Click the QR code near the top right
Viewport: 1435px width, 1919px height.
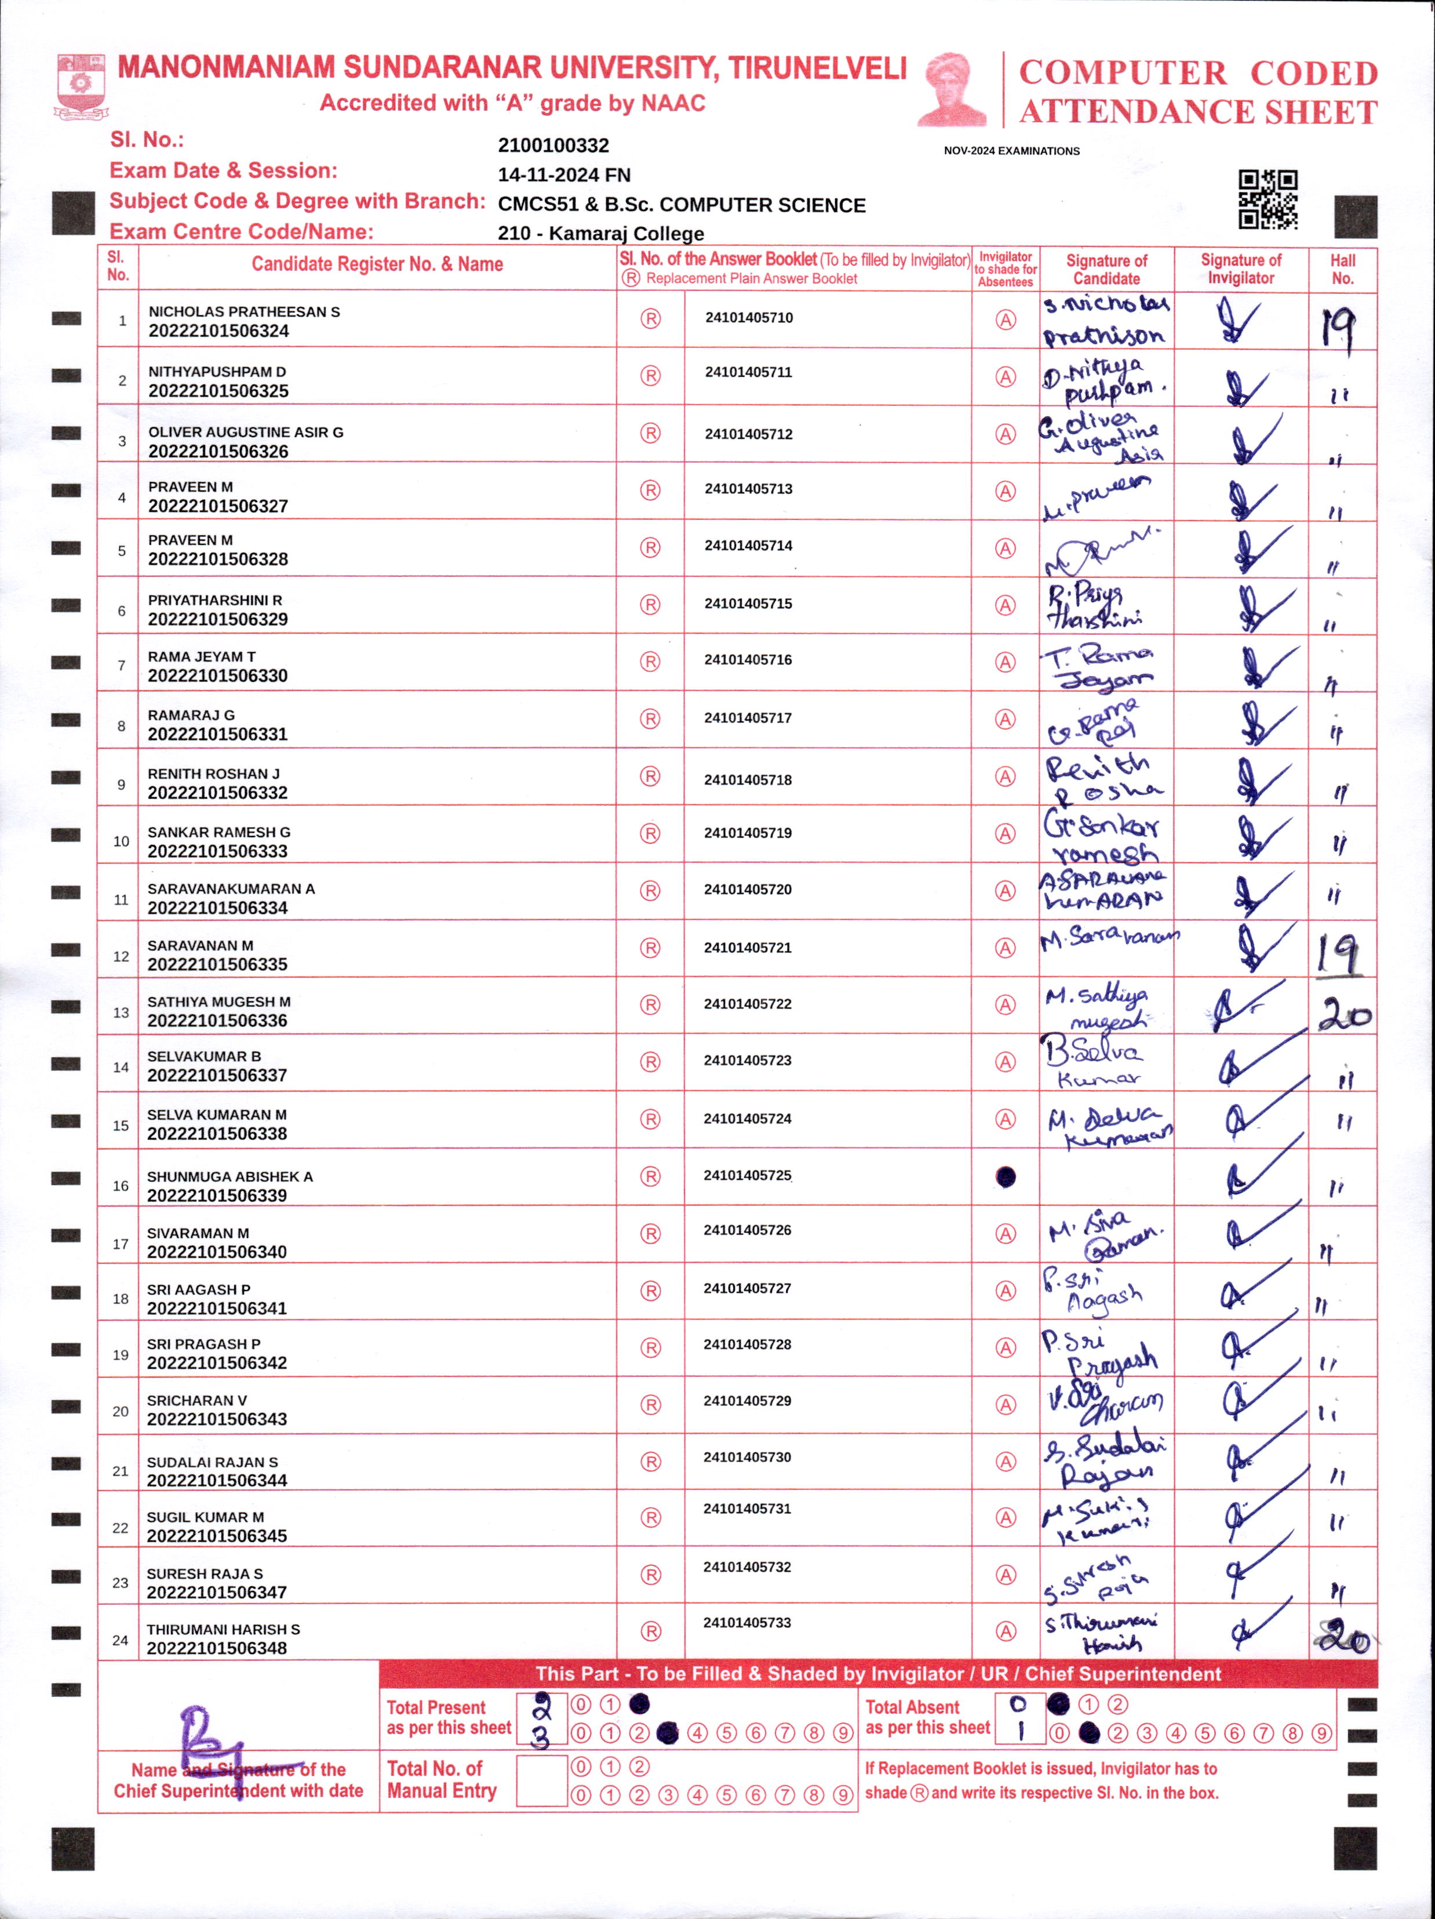(1267, 199)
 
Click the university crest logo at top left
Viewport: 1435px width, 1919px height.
(81, 86)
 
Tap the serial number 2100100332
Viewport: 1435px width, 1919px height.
(553, 146)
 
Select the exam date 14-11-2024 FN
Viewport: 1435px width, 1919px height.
(563, 175)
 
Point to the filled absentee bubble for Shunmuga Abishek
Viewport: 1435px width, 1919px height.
(1005, 1177)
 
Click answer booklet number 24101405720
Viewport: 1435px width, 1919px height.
(748, 889)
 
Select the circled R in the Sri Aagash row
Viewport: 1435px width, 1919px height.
(650, 1292)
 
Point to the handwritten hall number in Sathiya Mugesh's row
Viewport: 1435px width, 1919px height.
(1344, 1013)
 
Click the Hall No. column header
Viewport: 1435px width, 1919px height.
(1342, 269)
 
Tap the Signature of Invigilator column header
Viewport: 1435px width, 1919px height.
(1241, 269)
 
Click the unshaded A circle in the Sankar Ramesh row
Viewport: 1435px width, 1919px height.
(1005, 834)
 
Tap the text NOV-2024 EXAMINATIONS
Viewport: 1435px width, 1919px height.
(1011, 151)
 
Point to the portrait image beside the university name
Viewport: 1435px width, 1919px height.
(953, 89)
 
